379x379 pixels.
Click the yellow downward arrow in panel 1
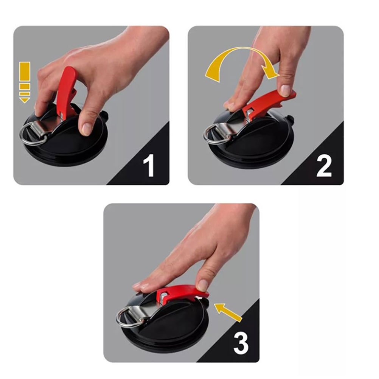(25, 82)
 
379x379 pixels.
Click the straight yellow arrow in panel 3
(228, 312)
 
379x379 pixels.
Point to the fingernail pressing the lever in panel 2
(286, 90)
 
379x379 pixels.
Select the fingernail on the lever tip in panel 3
(203, 285)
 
